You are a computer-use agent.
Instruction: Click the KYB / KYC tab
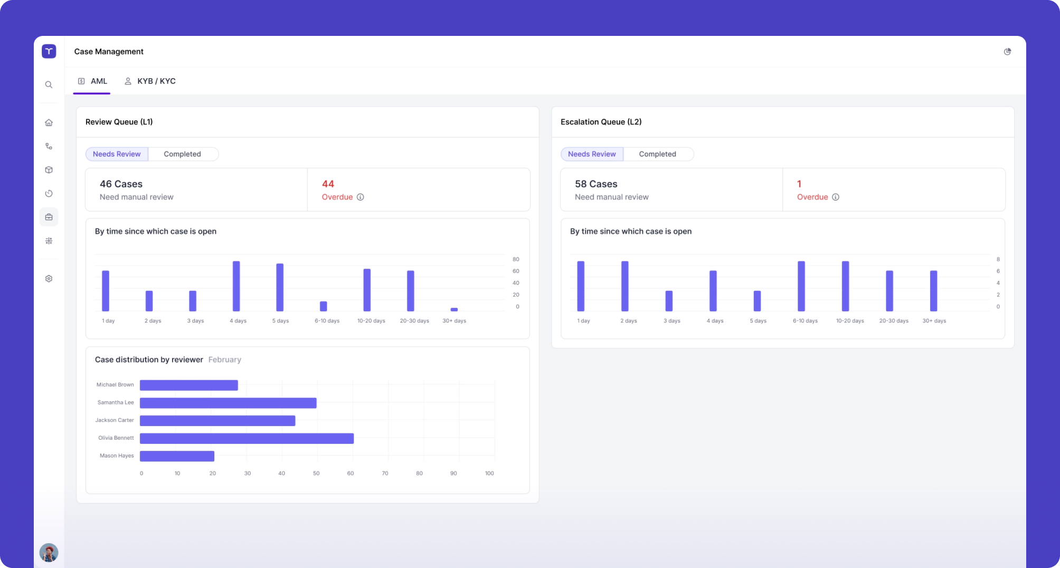(150, 81)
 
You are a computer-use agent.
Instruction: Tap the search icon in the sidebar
(49, 84)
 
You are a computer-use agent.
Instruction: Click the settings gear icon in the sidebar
(49, 279)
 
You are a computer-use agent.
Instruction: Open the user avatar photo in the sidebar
(49, 553)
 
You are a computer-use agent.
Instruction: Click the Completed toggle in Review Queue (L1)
(182, 154)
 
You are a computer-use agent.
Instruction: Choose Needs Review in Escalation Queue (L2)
(592, 154)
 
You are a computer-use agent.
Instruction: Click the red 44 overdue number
(328, 184)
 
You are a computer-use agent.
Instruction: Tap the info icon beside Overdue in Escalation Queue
(836, 197)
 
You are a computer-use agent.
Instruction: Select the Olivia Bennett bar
(247, 438)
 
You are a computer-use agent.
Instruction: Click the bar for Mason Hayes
(177, 456)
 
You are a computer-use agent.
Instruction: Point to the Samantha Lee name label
(116, 403)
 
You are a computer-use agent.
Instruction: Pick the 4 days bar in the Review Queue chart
(236, 286)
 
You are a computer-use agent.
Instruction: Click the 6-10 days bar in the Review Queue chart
(324, 306)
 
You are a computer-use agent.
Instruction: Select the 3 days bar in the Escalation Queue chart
(669, 301)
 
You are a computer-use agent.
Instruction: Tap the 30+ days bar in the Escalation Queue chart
(933, 291)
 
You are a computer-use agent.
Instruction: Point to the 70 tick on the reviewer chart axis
(385, 474)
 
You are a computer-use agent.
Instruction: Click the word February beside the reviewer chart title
(225, 359)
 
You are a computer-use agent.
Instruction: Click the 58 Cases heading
(596, 184)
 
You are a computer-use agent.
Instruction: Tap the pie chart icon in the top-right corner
(1007, 52)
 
